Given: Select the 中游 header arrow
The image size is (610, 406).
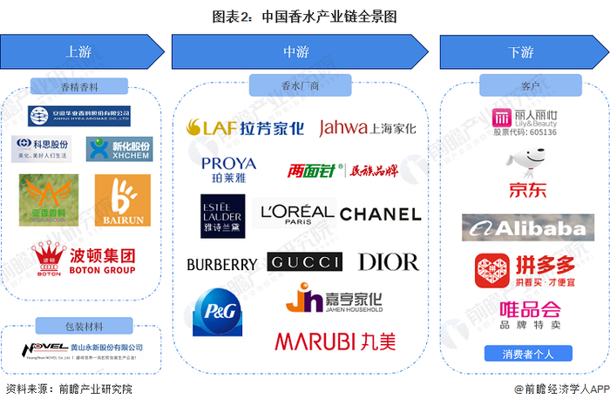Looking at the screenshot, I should [297, 52].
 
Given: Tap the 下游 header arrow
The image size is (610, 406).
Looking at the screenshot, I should [520, 52].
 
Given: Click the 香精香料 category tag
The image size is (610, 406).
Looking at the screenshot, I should [78, 86].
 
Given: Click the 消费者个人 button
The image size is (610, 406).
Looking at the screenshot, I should [520, 354].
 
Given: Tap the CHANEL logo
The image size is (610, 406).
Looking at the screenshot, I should [380, 214].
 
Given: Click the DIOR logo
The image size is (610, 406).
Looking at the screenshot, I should [388, 262].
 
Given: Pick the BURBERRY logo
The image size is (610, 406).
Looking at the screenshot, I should [222, 264].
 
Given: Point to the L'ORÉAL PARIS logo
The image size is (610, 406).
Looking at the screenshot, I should [297, 213].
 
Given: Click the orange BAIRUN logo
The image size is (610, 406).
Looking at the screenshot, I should [117, 200].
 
